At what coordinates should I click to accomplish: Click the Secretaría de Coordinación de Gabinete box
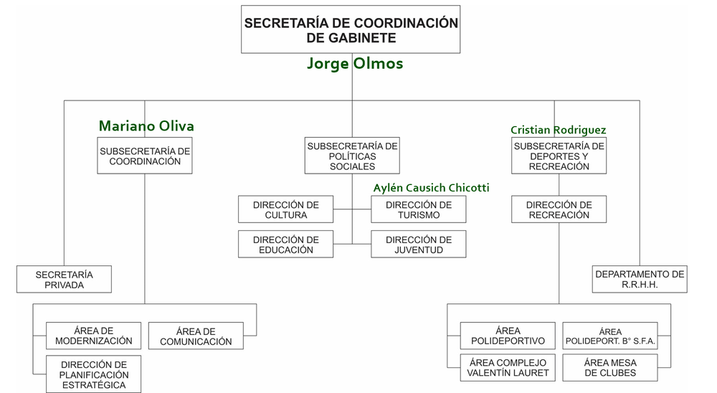pos(351,29)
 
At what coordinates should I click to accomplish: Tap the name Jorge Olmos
pos(355,64)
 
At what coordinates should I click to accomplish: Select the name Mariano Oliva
pos(146,126)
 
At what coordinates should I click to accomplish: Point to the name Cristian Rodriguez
pos(558,130)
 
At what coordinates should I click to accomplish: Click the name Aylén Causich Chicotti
pos(431,188)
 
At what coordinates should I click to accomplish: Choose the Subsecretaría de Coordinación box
pos(145,156)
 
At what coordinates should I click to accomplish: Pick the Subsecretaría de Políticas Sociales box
pos(352,156)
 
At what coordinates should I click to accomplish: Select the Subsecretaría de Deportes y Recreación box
pos(559,156)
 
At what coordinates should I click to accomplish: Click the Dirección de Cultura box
pos(285,209)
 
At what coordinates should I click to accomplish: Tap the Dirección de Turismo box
pos(418,209)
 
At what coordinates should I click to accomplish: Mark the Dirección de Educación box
pos(285,245)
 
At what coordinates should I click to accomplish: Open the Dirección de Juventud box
pos(418,245)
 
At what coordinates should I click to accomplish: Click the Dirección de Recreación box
pos(559,209)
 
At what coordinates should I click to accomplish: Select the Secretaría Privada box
pos(64,280)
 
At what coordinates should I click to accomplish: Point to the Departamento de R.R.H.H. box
pos(639,280)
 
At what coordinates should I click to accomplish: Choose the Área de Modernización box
pos(93,336)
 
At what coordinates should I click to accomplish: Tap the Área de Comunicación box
pos(196,336)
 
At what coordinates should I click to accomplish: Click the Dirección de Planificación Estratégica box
pos(94,374)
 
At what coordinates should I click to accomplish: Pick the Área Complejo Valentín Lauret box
pos(508,368)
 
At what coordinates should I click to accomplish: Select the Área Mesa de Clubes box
pos(610,368)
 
